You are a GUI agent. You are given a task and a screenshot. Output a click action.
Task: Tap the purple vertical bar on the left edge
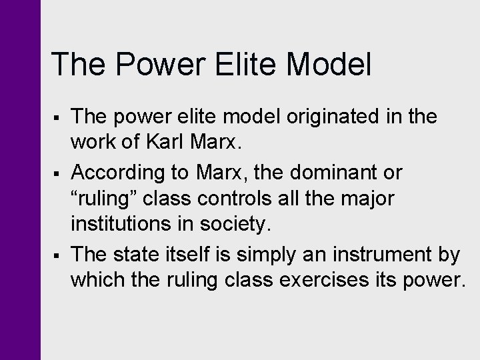tap(20, 180)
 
